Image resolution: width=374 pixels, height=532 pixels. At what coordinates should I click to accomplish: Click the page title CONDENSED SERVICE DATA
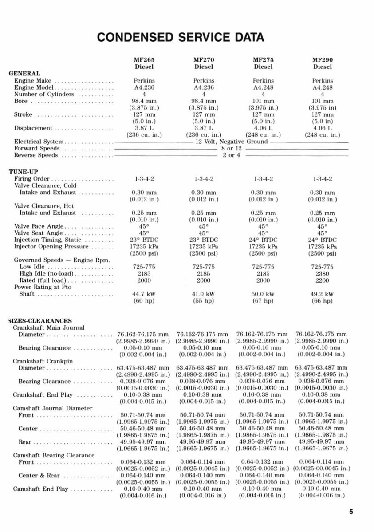181,37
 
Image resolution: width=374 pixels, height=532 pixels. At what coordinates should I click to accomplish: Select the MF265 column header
144,60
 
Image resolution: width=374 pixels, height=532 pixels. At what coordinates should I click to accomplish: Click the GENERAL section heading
24,74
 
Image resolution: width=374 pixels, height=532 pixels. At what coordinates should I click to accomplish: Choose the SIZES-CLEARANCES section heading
34,321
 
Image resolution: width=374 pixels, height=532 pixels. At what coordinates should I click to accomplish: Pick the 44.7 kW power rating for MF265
144,294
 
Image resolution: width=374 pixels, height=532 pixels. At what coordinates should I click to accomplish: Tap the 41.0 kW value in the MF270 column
204,294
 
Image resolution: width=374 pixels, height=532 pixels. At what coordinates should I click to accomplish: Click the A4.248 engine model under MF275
263,88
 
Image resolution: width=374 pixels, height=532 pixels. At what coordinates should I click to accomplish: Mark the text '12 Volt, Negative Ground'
232,142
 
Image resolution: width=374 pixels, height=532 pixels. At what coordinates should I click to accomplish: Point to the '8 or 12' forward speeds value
232,148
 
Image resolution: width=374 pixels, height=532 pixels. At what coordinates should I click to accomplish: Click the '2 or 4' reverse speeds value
232,155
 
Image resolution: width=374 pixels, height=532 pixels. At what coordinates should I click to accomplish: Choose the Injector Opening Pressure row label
58,246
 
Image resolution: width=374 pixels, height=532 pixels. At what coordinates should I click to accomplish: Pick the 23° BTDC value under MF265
144,240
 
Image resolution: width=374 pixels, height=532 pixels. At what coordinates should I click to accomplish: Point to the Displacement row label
33,128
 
